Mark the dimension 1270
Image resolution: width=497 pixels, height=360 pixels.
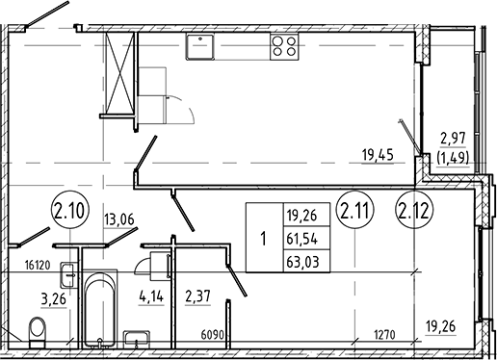click(385, 335)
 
